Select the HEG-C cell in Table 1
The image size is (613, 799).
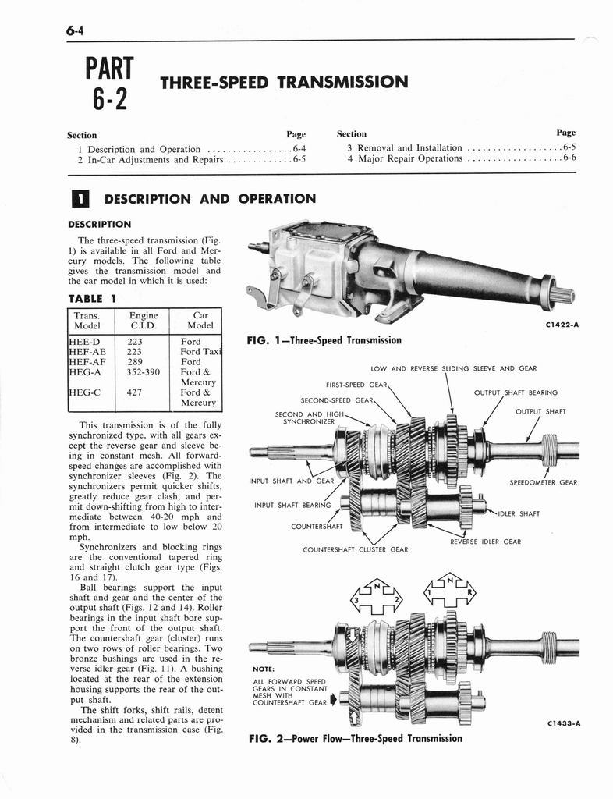coord(86,393)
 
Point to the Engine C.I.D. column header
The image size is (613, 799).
coord(144,321)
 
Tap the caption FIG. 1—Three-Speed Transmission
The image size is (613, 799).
coord(324,340)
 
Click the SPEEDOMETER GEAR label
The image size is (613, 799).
coord(543,482)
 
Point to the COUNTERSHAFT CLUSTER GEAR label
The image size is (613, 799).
coord(355,549)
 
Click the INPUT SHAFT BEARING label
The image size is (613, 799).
coord(292,505)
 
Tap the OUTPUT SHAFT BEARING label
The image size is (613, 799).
coord(516,392)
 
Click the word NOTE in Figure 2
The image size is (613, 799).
coord(263,669)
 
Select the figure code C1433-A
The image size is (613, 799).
coord(560,723)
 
